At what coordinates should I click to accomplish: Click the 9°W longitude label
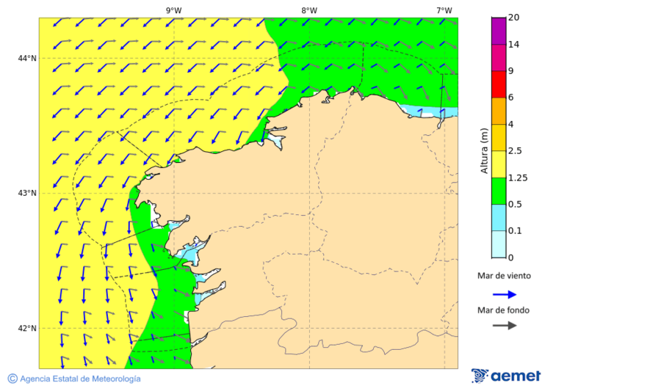click(x=173, y=10)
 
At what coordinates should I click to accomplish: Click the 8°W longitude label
click(x=309, y=10)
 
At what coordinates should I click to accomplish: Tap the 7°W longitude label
click(x=444, y=10)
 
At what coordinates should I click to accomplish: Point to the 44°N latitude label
click(x=27, y=59)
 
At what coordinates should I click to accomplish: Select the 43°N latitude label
click(x=27, y=193)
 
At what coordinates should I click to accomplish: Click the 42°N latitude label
click(x=27, y=328)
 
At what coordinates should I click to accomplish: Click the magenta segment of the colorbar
click(x=499, y=31)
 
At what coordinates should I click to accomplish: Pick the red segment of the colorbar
click(x=499, y=84)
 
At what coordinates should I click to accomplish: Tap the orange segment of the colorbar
click(x=499, y=111)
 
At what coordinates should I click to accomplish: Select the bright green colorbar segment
click(x=499, y=191)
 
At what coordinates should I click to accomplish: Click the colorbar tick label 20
click(x=514, y=18)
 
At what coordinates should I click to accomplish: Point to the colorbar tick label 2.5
click(x=516, y=151)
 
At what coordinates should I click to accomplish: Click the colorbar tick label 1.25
click(x=518, y=178)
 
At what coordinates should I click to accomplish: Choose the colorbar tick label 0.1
click(x=516, y=231)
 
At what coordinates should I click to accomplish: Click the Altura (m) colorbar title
click(x=484, y=150)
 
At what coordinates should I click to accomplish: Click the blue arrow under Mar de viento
click(x=505, y=293)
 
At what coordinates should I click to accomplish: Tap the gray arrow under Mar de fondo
click(x=505, y=326)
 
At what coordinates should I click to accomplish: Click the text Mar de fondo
click(x=503, y=310)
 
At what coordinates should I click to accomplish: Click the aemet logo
click(x=506, y=376)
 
